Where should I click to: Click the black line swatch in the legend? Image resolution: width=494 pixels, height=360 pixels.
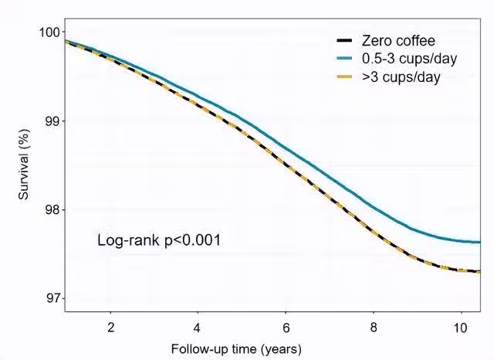[x=346, y=40]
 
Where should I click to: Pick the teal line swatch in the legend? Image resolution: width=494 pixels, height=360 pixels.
[x=346, y=59]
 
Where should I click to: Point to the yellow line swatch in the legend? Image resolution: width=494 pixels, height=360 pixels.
[x=346, y=77]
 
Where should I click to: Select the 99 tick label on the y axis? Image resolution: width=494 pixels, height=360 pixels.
[x=52, y=121]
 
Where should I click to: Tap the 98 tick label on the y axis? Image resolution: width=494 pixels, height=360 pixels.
[x=52, y=210]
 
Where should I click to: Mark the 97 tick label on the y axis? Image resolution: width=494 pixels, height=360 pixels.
[x=52, y=298]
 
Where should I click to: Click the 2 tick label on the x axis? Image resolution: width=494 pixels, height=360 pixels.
[x=110, y=325]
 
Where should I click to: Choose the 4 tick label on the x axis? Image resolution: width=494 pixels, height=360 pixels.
[x=198, y=325]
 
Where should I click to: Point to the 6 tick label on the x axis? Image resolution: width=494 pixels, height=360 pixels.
[x=286, y=325]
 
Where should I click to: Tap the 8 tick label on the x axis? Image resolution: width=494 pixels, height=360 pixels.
[x=373, y=325]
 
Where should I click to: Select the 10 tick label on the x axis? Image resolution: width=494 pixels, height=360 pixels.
[x=460, y=325]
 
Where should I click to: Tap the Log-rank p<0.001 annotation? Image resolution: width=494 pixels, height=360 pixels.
[x=159, y=241]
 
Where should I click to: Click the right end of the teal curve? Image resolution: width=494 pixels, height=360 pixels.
[x=479, y=242]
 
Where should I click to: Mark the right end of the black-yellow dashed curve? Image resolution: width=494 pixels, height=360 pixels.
[x=479, y=271]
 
